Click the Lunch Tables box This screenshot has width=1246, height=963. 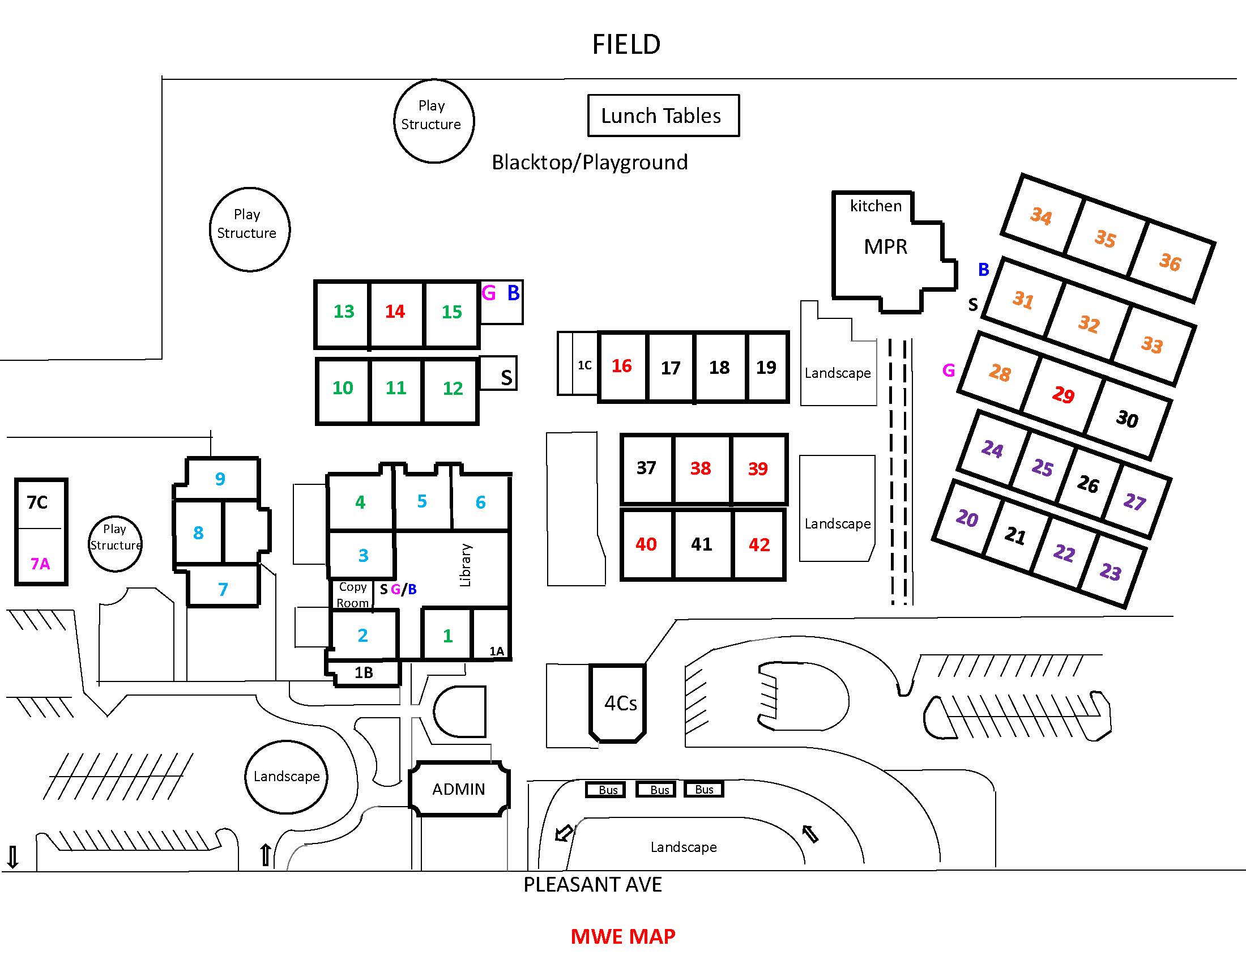664,116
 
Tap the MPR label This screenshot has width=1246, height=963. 885,246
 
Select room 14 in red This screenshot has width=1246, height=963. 396,314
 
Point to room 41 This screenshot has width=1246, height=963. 702,544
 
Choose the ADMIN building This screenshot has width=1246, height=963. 459,789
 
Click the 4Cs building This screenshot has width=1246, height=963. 618,704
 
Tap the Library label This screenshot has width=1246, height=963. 466,565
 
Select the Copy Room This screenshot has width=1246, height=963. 353,594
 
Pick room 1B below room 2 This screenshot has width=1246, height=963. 364,672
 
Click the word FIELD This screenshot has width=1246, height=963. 626,44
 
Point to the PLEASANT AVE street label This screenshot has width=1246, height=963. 593,885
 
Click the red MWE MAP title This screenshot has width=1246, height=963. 623,936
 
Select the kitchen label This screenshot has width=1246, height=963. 876,206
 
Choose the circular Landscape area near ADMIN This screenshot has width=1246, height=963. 287,777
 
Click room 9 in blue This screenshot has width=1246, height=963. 220,479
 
